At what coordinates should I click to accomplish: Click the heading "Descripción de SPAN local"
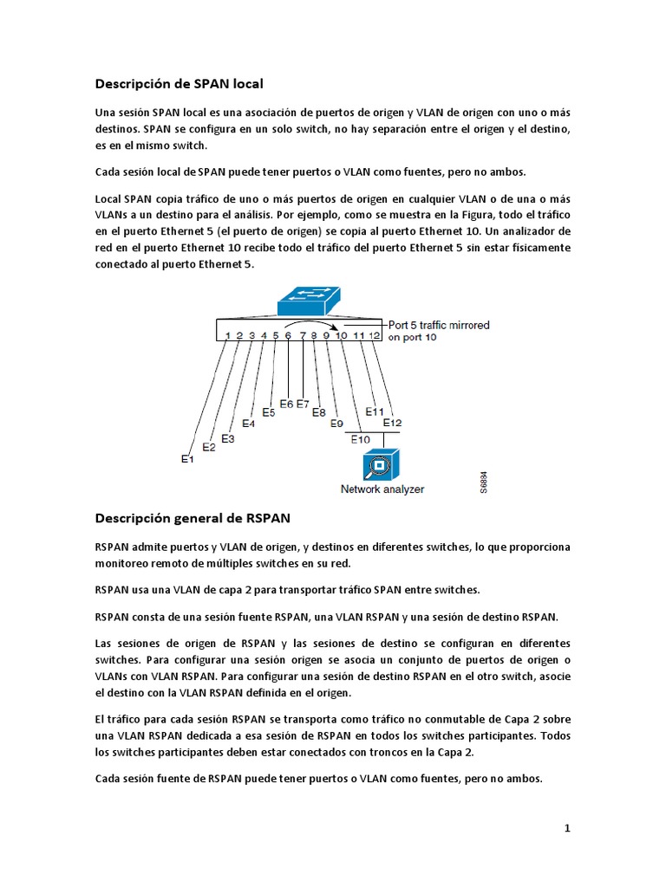click(x=179, y=84)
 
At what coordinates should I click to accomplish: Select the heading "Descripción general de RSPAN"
click(x=193, y=518)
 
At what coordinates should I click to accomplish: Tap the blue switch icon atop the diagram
click(x=309, y=300)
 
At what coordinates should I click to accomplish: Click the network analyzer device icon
click(x=382, y=466)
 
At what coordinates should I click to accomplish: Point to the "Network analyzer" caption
click(x=382, y=489)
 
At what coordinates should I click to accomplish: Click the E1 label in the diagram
click(x=187, y=459)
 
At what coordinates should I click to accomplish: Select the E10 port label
click(x=361, y=439)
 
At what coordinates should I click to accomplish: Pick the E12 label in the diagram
click(x=393, y=423)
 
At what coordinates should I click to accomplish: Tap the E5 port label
click(x=269, y=412)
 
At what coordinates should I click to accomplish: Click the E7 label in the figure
click(x=303, y=404)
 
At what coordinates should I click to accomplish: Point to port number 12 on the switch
click(x=374, y=334)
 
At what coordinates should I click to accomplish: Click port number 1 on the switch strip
click(x=227, y=334)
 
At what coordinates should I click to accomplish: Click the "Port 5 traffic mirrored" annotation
click(x=439, y=326)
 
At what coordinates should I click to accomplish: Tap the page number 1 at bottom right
click(x=567, y=828)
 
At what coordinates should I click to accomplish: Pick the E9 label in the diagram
click(x=337, y=423)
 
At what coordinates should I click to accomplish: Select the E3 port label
click(x=228, y=438)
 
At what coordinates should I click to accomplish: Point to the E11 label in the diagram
click(x=375, y=411)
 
